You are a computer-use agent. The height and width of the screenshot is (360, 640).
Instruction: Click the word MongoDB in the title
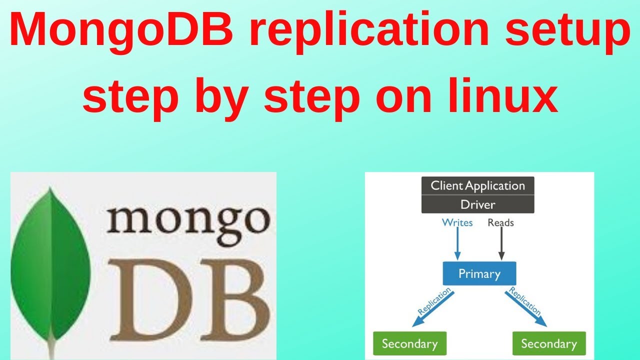click(x=123, y=31)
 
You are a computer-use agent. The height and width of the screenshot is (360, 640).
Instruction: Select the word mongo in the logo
click(x=188, y=218)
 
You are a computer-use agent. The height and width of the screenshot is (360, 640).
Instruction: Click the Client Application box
click(x=477, y=186)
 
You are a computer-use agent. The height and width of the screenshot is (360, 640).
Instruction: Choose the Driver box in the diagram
click(x=477, y=204)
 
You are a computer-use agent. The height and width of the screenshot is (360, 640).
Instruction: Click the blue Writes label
click(x=457, y=223)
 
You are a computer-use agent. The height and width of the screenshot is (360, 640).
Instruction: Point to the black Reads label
click(x=500, y=223)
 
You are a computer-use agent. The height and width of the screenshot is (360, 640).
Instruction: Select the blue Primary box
click(x=479, y=274)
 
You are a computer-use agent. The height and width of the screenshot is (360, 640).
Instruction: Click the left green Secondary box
click(x=409, y=344)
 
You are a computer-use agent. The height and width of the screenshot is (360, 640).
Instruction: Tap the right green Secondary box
click(x=549, y=344)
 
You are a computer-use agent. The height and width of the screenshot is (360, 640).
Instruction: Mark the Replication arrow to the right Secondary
click(x=525, y=307)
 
